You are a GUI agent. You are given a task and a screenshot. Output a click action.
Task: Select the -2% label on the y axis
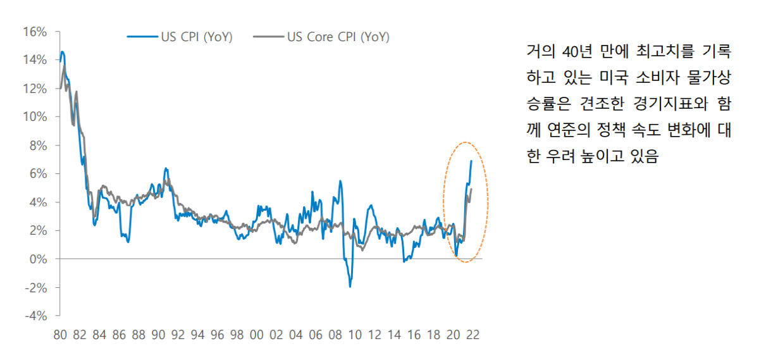pos(37,287)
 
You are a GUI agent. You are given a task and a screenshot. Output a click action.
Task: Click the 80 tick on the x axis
pos(60,335)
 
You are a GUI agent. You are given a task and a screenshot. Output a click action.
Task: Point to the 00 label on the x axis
pos(257,335)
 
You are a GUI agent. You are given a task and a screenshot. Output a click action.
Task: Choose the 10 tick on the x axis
pos(355,335)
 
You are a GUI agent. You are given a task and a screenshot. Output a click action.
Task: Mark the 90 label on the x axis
pos(158,335)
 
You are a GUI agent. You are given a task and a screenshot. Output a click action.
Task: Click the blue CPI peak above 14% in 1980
pos(62,52)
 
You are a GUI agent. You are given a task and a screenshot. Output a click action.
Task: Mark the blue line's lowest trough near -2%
pos(350,287)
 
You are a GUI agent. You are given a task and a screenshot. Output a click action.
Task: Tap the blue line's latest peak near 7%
pos(471,161)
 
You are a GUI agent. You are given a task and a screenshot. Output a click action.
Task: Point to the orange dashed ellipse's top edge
pos(466,142)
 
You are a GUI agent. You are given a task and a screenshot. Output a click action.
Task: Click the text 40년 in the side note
pos(576,49)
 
